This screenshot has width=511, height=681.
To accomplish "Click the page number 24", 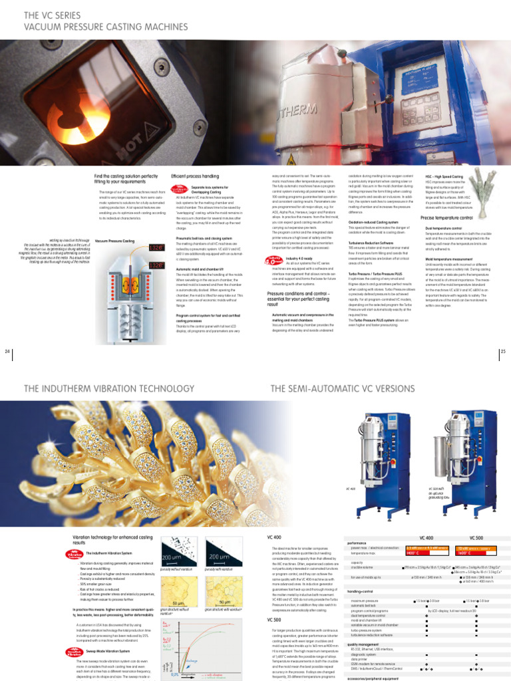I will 7,350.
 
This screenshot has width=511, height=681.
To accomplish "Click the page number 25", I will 503,350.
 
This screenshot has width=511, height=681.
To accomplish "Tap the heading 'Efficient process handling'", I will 195,176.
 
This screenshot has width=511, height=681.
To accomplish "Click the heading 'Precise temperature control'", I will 446,217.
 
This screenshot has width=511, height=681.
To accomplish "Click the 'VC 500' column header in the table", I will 476,537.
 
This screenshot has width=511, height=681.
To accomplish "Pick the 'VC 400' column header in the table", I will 426,537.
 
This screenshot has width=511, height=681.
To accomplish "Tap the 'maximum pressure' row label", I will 365,601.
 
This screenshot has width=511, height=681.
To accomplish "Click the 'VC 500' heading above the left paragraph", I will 273,619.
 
